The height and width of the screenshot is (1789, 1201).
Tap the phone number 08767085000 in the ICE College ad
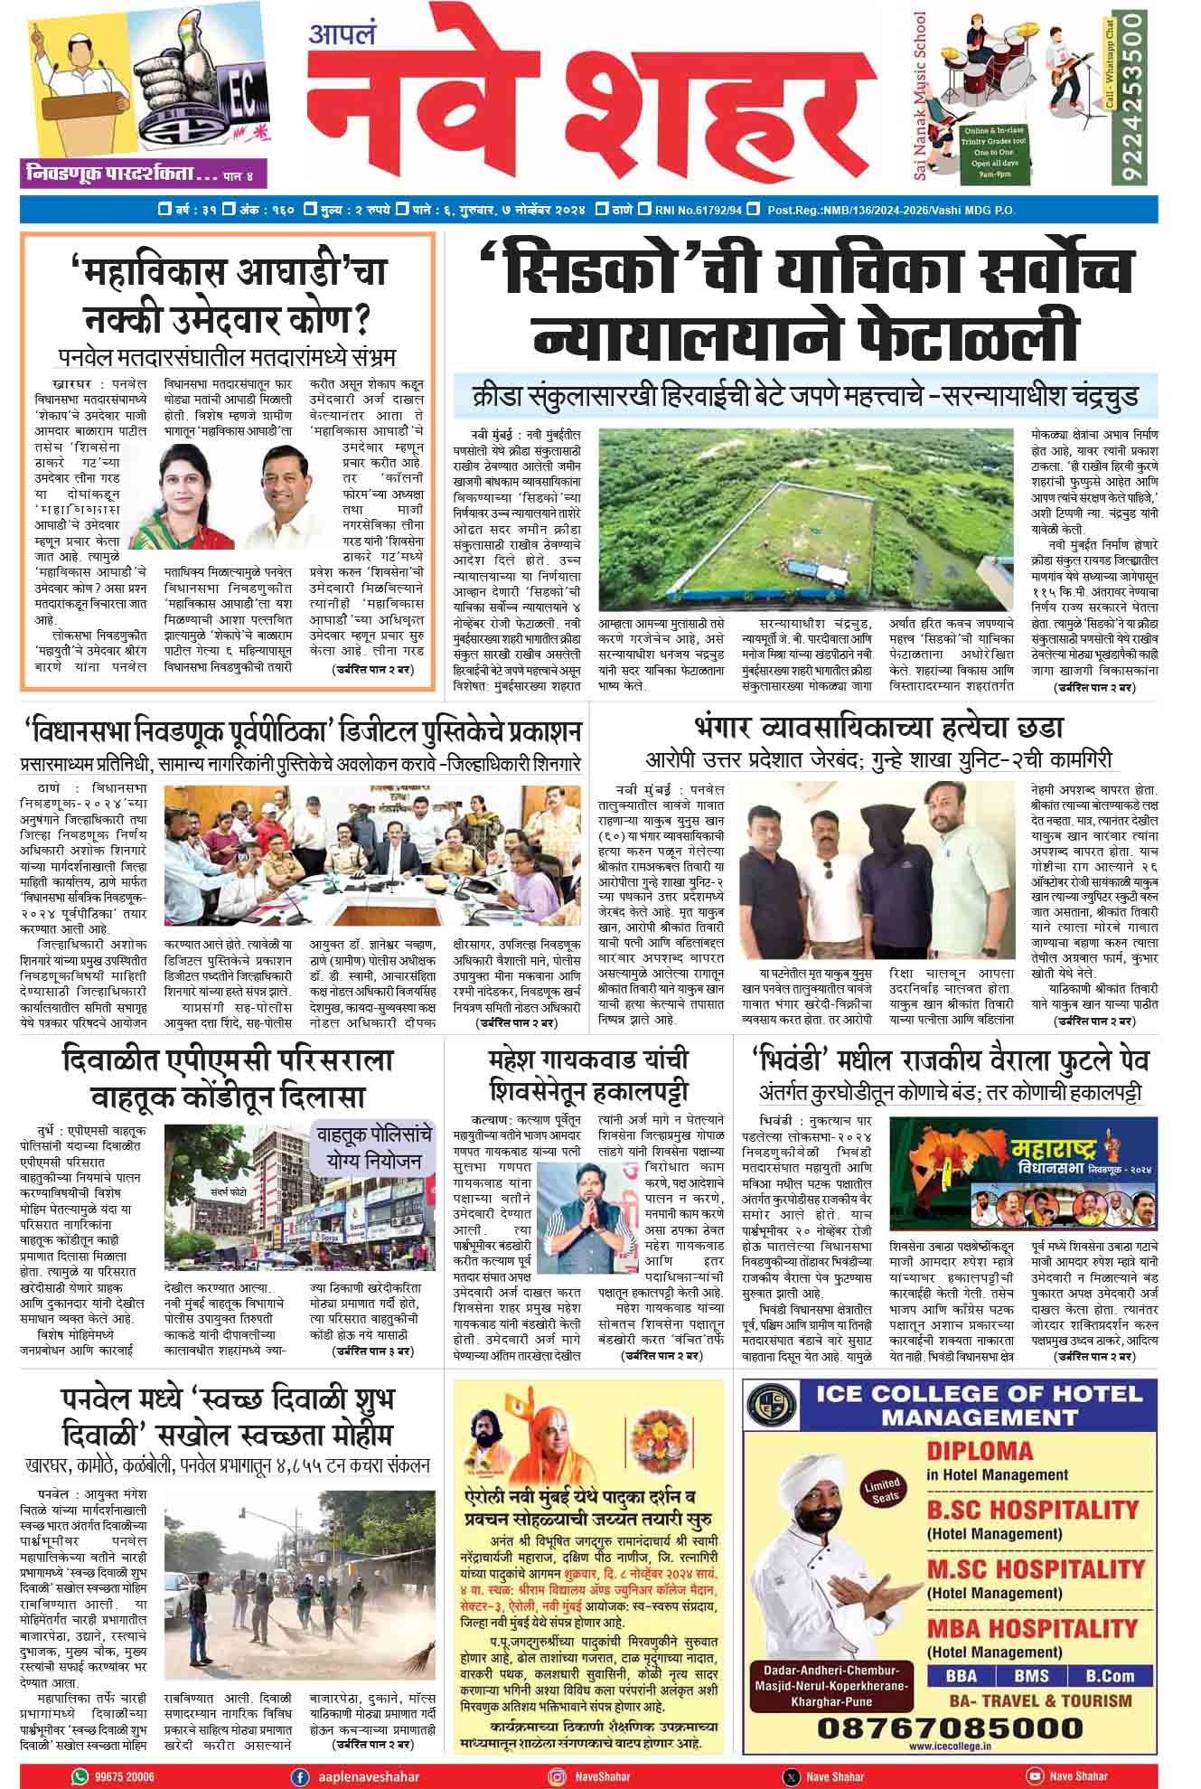950,1727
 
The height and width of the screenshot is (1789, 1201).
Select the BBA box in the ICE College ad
961,1675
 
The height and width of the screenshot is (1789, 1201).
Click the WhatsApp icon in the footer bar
80,1775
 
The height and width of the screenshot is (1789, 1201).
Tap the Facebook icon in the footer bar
299,1775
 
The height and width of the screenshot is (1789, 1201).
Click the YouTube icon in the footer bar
1033,1775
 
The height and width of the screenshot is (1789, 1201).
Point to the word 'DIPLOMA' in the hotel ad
980,1451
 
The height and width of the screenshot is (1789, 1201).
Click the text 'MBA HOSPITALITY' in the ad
1032,1628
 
